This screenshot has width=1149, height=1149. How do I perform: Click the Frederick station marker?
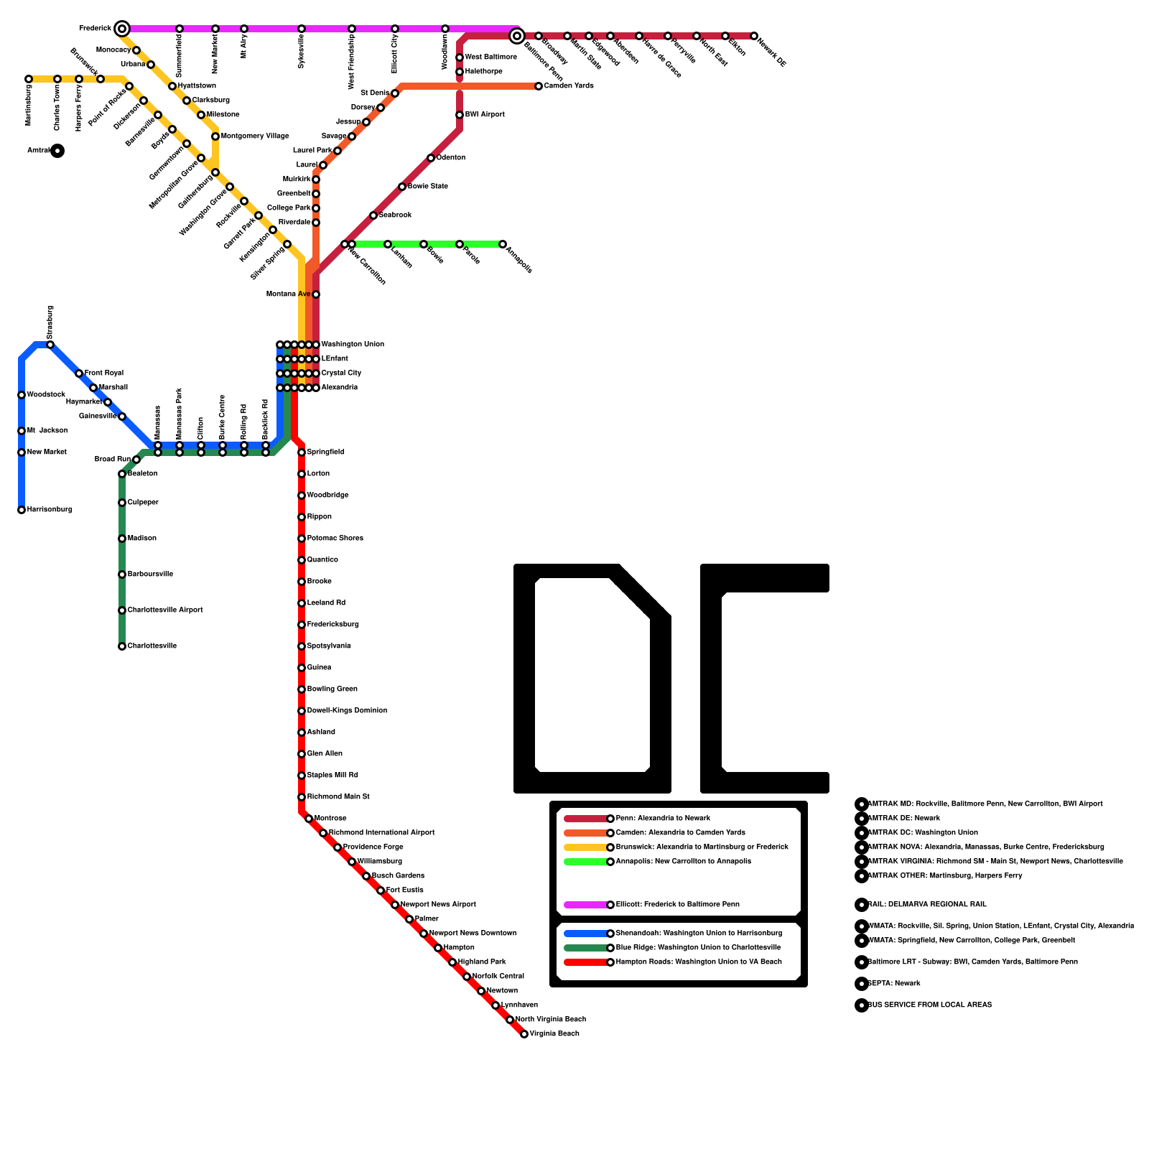coord(122,29)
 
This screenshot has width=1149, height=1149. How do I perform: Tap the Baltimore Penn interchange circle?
coord(516,36)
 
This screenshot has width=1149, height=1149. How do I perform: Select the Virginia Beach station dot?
coord(524,1034)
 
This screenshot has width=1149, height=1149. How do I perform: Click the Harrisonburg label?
coord(50,510)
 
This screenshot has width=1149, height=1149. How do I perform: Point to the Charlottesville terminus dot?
coord(122,646)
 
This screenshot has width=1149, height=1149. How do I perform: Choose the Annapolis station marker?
coord(503,244)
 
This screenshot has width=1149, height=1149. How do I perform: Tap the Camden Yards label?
coord(569,86)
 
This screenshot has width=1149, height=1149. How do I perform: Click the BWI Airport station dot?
coord(460,115)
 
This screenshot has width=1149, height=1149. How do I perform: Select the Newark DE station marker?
coord(754,36)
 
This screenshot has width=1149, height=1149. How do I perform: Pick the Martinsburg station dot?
coord(29,79)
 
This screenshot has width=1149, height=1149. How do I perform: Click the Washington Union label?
coord(353,345)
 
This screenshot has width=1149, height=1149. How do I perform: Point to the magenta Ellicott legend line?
coord(586,905)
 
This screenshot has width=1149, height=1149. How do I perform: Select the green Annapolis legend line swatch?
coord(586,862)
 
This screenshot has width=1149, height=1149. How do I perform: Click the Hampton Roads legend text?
coord(699,962)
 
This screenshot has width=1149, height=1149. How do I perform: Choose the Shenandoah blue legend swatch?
coord(586,934)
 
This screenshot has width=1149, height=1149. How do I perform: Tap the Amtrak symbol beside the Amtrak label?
coord(57,151)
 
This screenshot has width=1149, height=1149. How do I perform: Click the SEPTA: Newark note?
coord(894,984)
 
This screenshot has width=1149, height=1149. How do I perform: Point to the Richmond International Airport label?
coord(382,833)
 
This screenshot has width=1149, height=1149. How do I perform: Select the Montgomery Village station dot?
coord(215,136)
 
